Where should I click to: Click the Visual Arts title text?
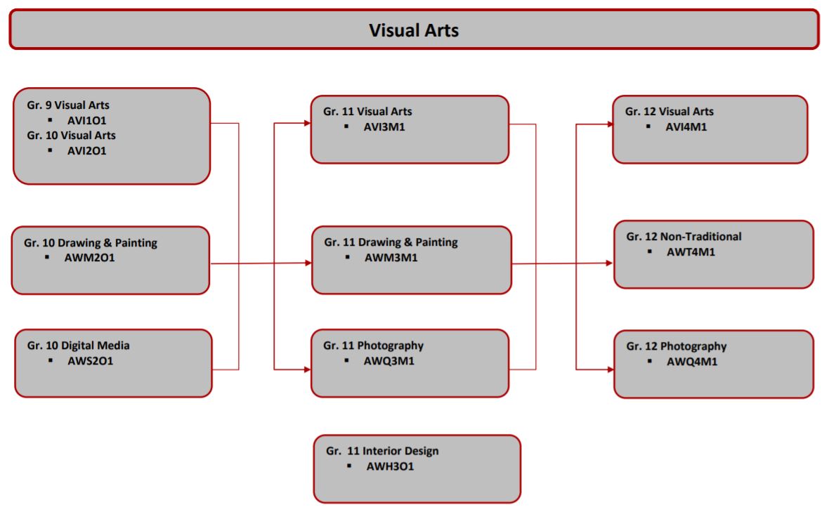414,30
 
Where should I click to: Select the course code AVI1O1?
86,120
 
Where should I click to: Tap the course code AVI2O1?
86,150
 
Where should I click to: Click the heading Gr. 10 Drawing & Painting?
91,243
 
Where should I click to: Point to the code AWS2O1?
90,361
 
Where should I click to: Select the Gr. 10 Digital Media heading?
79,346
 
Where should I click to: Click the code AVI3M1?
384,127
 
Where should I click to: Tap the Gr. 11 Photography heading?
373,346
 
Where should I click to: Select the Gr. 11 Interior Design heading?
382,451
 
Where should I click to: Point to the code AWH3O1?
390,466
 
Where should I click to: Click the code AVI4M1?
686,127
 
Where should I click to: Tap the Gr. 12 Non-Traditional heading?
684,237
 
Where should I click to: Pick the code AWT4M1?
691,252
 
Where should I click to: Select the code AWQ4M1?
691,362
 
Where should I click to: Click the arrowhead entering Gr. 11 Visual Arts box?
307,123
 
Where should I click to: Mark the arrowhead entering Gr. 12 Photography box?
610,369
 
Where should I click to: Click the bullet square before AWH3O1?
349,466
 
